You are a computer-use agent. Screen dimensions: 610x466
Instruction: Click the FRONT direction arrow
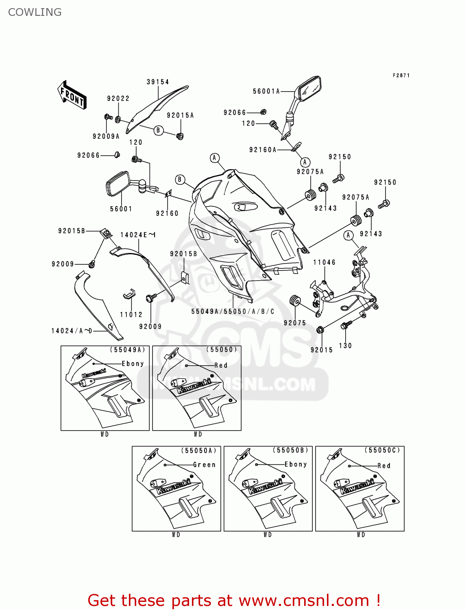click(x=72, y=95)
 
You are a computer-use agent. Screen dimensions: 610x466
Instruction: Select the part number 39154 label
click(x=158, y=82)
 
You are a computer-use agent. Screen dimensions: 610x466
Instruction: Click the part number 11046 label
click(x=324, y=262)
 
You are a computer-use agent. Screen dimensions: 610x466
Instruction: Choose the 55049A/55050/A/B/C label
click(x=233, y=312)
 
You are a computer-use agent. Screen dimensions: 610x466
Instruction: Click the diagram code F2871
click(x=401, y=75)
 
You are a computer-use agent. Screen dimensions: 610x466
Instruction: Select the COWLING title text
click(x=35, y=12)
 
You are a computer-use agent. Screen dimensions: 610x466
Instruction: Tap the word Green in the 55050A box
click(x=204, y=465)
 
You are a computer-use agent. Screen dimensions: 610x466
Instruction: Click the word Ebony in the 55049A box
click(x=133, y=364)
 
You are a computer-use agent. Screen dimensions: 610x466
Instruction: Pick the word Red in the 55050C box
click(x=384, y=466)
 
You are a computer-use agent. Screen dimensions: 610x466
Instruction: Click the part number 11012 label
click(x=131, y=314)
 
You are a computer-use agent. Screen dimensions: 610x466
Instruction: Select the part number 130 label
click(x=345, y=346)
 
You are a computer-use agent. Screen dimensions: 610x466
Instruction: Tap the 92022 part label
click(x=118, y=98)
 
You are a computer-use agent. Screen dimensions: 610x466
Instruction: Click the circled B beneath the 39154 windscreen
click(x=158, y=130)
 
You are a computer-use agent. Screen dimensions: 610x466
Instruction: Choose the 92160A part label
click(x=263, y=150)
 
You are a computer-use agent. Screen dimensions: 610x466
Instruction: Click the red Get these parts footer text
click(x=234, y=600)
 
